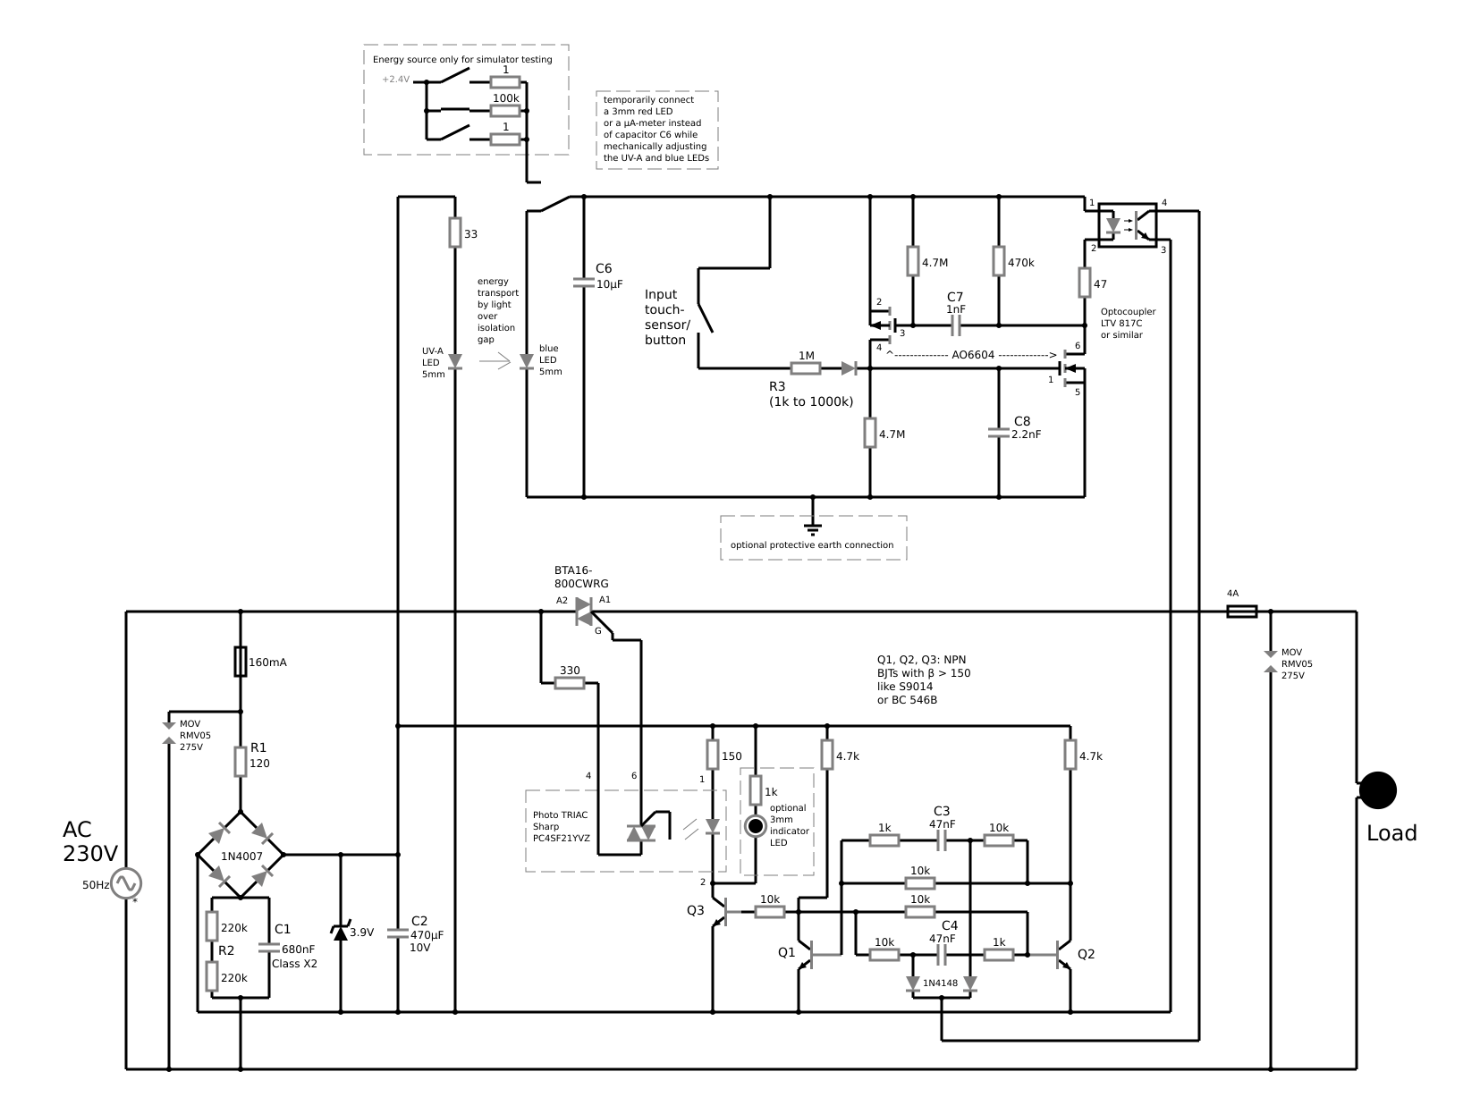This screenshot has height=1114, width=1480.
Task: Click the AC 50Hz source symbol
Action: [126, 882]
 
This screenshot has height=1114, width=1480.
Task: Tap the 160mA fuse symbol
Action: [240, 661]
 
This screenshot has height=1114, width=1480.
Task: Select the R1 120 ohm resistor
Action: [240, 762]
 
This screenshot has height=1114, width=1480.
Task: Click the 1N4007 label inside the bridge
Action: [241, 856]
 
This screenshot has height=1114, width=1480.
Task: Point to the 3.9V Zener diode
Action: [341, 932]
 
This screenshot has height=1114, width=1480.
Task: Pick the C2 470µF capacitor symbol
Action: [398, 933]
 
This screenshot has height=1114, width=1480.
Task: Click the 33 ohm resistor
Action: [455, 232]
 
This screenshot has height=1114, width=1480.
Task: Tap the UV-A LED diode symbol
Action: [455, 362]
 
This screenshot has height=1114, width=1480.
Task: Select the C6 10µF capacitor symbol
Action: [584, 283]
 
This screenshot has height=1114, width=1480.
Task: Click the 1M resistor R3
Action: [806, 368]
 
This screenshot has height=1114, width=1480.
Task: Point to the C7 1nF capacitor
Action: [955, 325]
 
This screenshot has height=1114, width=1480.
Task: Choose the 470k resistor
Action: [999, 261]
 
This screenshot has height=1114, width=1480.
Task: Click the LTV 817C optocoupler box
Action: [1128, 225]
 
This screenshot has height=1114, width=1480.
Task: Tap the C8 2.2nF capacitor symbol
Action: [999, 433]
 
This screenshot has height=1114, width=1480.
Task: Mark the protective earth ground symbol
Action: [813, 527]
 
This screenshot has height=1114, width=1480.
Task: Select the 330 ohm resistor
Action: [569, 683]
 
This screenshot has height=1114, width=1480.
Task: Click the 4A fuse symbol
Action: [1241, 612]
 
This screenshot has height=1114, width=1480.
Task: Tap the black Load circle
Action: [1377, 789]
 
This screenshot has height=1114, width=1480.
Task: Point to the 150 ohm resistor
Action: [713, 754]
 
